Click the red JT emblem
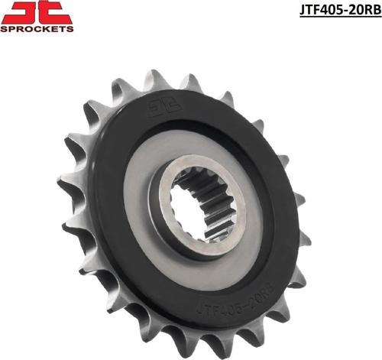[x=37, y=13]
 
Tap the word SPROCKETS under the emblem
[x=37, y=29]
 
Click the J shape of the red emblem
[x=21, y=13]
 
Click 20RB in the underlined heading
[x=362, y=10]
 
